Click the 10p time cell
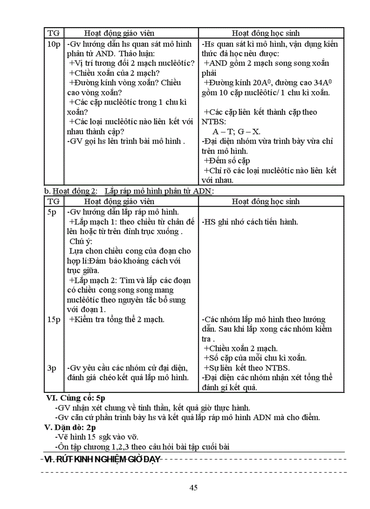click(x=54, y=44)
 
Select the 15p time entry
click(x=54, y=320)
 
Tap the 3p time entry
click(x=52, y=368)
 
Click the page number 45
click(x=194, y=488)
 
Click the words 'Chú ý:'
click(x=81, y=241)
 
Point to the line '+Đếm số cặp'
click(x=227, y=160)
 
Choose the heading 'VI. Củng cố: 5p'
click(x=76, y=398)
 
